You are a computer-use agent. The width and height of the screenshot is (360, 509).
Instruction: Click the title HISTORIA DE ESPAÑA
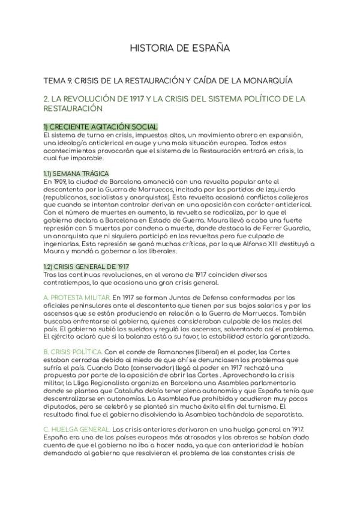(179, 47)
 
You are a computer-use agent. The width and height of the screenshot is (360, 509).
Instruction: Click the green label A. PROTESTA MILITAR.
(77, 298)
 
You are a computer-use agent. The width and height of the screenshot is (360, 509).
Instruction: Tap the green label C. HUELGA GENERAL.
(76, 430)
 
